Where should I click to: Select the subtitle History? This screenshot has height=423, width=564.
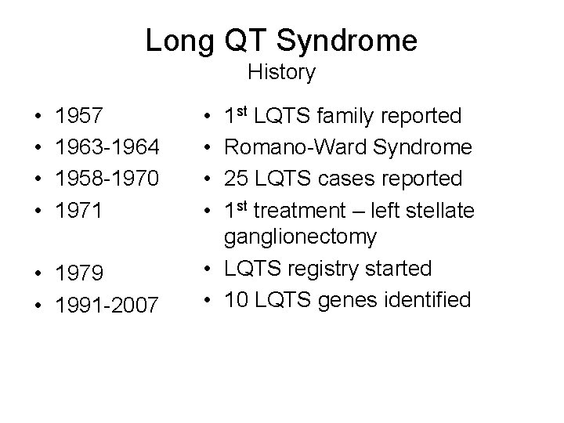[281, 73]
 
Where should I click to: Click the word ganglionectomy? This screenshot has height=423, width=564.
[300, 236]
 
